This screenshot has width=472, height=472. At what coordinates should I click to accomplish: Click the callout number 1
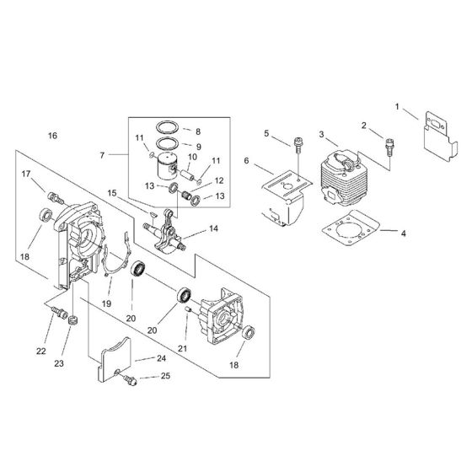[x=397, y=107]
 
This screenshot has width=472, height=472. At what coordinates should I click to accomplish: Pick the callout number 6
[x=246, y=160]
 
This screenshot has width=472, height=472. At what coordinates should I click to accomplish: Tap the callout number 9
[x=197, y=147]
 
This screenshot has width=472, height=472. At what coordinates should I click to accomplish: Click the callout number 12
[x=218, y=180]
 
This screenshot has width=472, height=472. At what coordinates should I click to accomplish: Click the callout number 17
[x=27, y=174]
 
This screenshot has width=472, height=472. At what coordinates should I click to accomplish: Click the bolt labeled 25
[x=131, y=382]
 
